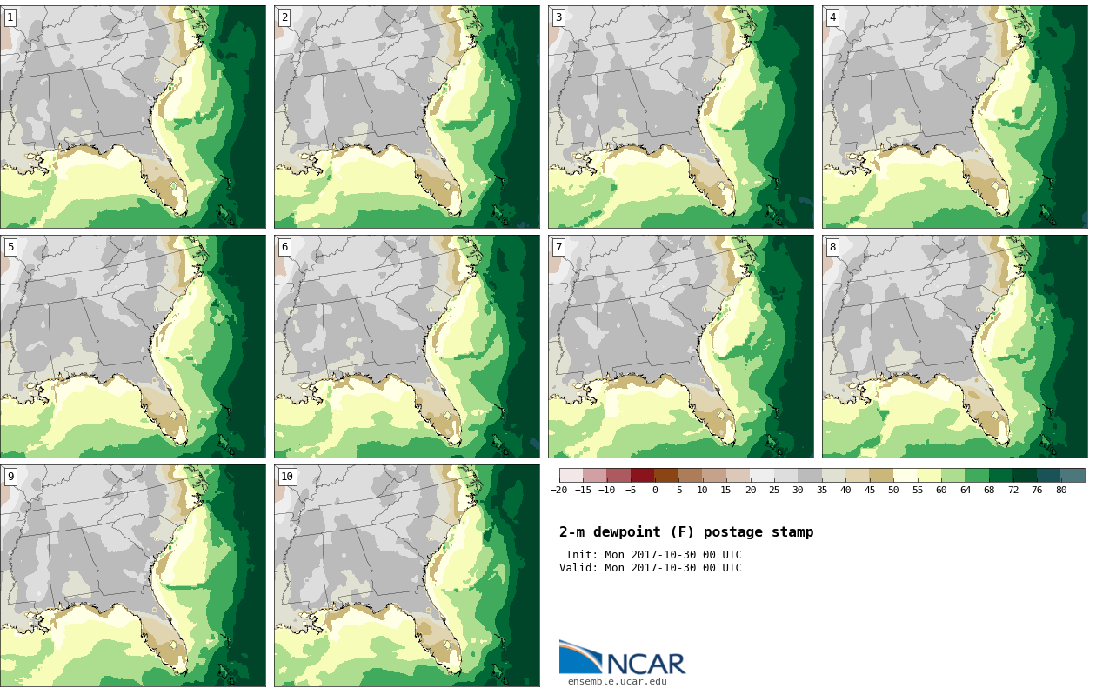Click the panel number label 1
[x=10, y=18]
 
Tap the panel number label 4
[x=832, y=18]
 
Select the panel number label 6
[x=284, y=247]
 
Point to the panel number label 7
[x=558, y=247]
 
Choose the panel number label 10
[x=287, y=477]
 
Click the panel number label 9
[x=10, y=477]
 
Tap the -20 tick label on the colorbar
[x=558, y=491]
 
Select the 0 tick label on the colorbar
[x=655, y=491]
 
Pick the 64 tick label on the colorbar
[x=965, y=491]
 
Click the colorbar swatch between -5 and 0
[x=643, y=475]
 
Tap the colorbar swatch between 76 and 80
[x=1048, y=475]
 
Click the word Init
[x=582, y=554]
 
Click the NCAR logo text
[x=645, y=664]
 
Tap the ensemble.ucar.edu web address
[x=617, y=681]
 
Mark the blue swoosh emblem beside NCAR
[x=581, y=658]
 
